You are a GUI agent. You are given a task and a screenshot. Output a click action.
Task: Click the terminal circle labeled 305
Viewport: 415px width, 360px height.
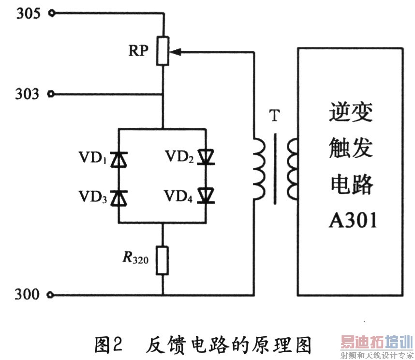point(52,13)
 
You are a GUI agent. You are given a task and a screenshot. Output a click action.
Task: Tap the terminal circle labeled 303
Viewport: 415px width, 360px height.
point(51,94)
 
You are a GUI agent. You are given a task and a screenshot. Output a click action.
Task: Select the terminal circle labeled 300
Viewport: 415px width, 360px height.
point(50,295)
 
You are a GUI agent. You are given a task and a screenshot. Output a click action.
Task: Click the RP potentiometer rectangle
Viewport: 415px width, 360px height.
point(163,51)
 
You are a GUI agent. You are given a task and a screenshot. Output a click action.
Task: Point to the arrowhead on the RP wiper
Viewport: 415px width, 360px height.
point(175,52)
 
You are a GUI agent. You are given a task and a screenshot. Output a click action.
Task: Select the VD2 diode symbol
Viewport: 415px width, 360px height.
point(206,157)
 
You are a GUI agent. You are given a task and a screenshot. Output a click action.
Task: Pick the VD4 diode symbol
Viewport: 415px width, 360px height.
point(206,195)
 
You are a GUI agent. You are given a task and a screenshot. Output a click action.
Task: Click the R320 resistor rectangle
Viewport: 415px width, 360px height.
point(162,260)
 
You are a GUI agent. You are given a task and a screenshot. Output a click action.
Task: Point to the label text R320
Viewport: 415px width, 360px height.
point(135,257)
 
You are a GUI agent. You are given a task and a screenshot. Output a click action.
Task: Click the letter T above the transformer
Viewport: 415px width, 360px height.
point(274,116)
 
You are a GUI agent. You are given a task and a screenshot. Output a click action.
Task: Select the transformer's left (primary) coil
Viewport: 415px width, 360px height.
point(259,168)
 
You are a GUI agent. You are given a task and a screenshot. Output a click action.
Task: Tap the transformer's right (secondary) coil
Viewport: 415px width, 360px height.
point(292,168)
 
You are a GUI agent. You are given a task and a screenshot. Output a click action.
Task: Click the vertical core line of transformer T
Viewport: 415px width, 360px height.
point(275,168)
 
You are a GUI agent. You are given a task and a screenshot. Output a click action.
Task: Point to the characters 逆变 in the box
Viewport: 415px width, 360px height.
point(351,112)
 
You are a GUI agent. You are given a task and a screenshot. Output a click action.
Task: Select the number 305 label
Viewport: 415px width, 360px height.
point(29,13)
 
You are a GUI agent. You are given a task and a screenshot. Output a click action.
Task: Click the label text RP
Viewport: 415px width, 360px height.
point(138,50)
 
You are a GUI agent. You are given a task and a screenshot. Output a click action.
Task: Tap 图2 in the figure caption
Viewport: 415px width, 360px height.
point(108,345)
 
